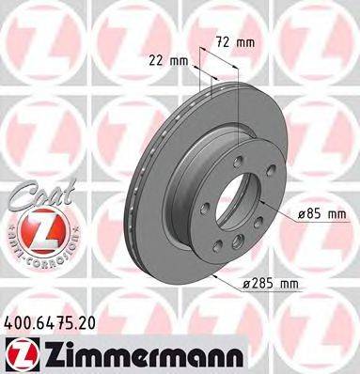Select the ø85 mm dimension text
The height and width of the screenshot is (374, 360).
click(323, 214)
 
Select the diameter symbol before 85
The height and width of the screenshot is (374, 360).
click(302, 214)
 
